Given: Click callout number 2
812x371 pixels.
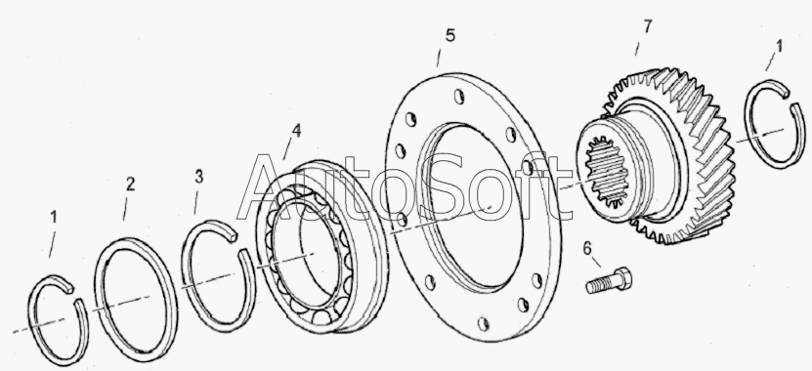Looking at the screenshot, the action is pyautogui.click(x=130, y=184).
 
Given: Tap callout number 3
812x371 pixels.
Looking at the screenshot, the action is pyautogui.click(x=199, y=177).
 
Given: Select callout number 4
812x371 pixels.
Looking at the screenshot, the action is pyautogui.click(x=296, y=131).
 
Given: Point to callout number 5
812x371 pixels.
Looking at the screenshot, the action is pyautogui.click(x=450, y=36).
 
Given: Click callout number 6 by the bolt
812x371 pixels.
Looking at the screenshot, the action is pyautogui.click(x=586, y=249).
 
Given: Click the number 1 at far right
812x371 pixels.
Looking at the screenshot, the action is pyautogui.click(x=779, y=47).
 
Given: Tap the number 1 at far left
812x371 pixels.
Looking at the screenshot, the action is pyautogui.click(x=54, y=218).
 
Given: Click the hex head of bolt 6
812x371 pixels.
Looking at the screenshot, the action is pyautogui.click(x=623, y=278).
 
